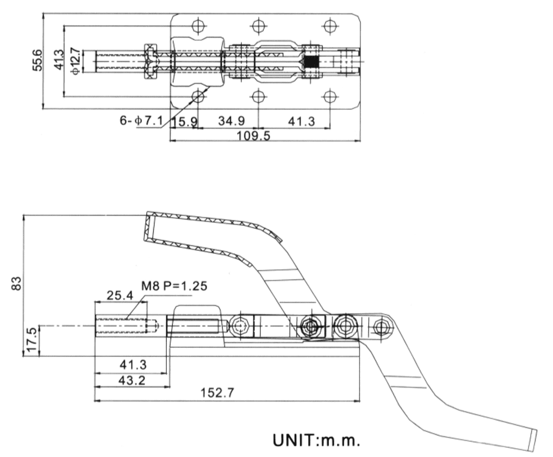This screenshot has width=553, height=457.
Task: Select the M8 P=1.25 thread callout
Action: tap(174, 286)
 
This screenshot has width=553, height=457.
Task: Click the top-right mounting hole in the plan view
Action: tap(329, 25)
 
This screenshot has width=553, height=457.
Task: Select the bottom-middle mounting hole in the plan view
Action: tap(258, 96)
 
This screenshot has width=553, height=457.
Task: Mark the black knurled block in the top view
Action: tap(311, 61)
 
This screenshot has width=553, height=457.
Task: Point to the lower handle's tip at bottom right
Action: tap(533, 439)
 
